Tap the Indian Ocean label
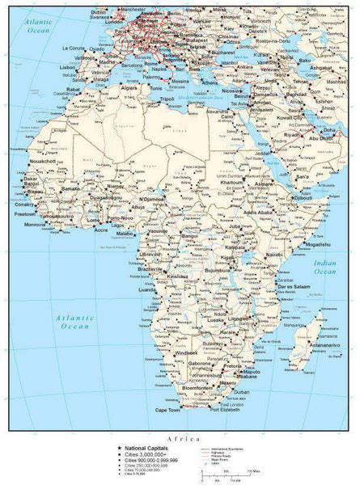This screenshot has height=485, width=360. click(325, 268)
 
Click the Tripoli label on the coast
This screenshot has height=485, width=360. click(167, 98)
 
